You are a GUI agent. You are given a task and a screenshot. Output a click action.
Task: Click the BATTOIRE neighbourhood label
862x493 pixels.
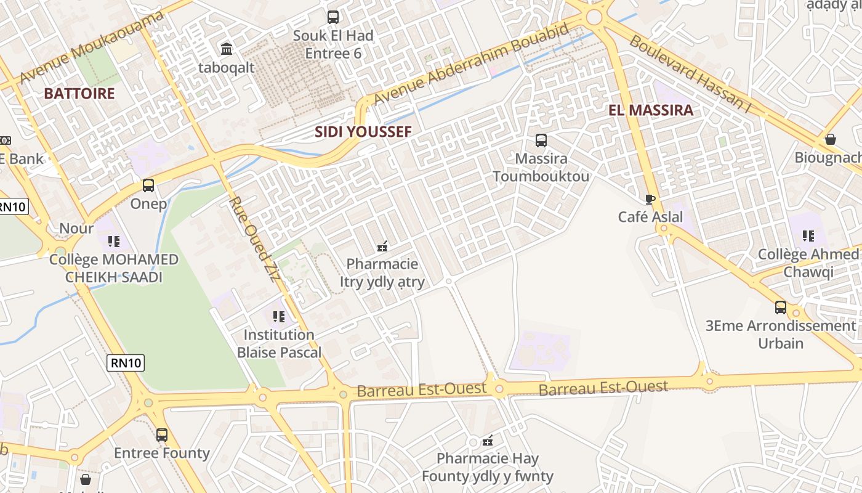79,94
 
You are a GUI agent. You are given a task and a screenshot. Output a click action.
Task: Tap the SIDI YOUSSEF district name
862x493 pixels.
363,132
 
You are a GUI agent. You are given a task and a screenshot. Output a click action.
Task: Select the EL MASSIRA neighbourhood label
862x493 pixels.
651,110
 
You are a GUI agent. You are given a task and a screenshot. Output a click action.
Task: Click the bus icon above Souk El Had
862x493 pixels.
333,17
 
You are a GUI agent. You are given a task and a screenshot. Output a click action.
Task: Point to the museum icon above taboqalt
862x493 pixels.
227,49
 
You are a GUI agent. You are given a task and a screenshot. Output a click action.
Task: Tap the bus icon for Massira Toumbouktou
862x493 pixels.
541,141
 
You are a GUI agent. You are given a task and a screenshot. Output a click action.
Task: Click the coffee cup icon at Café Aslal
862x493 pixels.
650,198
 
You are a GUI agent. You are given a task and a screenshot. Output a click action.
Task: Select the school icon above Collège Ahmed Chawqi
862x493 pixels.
808,235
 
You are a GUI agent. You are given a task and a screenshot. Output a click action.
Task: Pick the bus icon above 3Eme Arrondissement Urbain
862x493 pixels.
780,307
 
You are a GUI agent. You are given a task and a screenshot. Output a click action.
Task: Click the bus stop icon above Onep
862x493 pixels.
148,185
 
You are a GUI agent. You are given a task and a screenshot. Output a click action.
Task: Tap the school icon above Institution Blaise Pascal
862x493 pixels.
279,317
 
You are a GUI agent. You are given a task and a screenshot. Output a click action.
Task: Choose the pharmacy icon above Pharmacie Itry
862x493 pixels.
382,246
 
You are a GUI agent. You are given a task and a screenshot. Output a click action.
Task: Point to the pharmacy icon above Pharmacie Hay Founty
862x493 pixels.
488,441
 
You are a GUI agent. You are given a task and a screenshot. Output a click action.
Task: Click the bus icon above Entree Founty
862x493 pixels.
162,435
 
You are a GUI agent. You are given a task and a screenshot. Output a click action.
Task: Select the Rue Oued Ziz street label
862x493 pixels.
254,238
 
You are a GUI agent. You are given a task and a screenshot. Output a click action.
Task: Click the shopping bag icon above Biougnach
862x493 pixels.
831,139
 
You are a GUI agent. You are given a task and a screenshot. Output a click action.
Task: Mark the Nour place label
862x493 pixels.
76,229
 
